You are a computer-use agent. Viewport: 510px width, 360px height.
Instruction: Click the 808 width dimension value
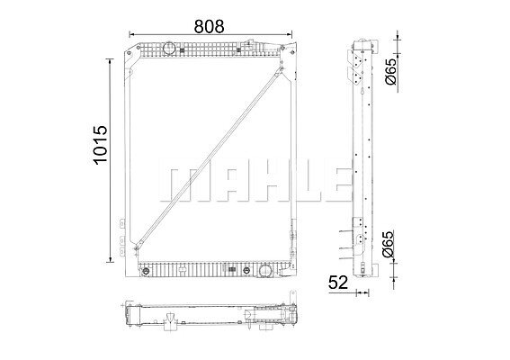click(x=209, y=26)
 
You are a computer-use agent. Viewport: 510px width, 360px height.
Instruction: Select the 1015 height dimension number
click(x=100, y=145)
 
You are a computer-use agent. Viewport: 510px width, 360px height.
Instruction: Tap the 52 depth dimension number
click(x=338, y=283)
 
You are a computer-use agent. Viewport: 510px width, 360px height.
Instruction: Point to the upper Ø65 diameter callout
click(x=390, y=71)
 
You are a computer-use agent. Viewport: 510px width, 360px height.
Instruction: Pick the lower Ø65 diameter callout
click(x=388, y=244)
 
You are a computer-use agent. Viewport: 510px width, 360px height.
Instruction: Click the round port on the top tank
click(x=168, y=49)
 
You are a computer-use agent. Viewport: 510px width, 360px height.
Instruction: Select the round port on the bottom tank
click(x=265, y=271)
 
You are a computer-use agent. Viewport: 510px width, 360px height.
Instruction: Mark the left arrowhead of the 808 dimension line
click(x=131, y=34)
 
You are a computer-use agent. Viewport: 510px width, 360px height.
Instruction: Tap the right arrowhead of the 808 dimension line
click(x=290, y=34)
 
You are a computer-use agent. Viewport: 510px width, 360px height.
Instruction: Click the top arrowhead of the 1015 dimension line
click(x=111, y=62)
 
